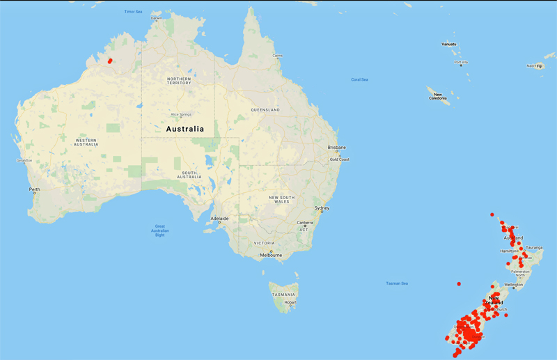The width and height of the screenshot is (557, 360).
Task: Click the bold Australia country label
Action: pos(185,129)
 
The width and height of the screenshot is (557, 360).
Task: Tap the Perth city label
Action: pos(34,189)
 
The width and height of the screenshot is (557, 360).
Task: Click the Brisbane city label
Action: pos(338,148)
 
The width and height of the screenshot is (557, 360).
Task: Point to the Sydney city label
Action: pos(322,208)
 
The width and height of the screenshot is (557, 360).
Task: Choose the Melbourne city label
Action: pos(270,255)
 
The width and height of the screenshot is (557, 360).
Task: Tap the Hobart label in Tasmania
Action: pos(291,302)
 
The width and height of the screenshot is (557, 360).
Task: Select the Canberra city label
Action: pos(306,222)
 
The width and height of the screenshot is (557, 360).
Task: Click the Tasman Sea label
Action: pos(397,283)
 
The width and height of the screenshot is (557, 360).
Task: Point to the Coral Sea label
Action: pos(359,80)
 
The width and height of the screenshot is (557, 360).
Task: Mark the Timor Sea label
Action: pos(133,12)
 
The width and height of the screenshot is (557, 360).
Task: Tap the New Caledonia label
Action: pos(437,96)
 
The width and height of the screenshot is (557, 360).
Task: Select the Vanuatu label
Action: pos(449,44)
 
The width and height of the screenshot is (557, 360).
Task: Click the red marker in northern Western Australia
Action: pos(110,61)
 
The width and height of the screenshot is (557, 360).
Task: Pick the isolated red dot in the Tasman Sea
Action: pos(459,284)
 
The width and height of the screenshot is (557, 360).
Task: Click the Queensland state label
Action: pos(265,110)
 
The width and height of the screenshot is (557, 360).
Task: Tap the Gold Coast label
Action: pos(339,159)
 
